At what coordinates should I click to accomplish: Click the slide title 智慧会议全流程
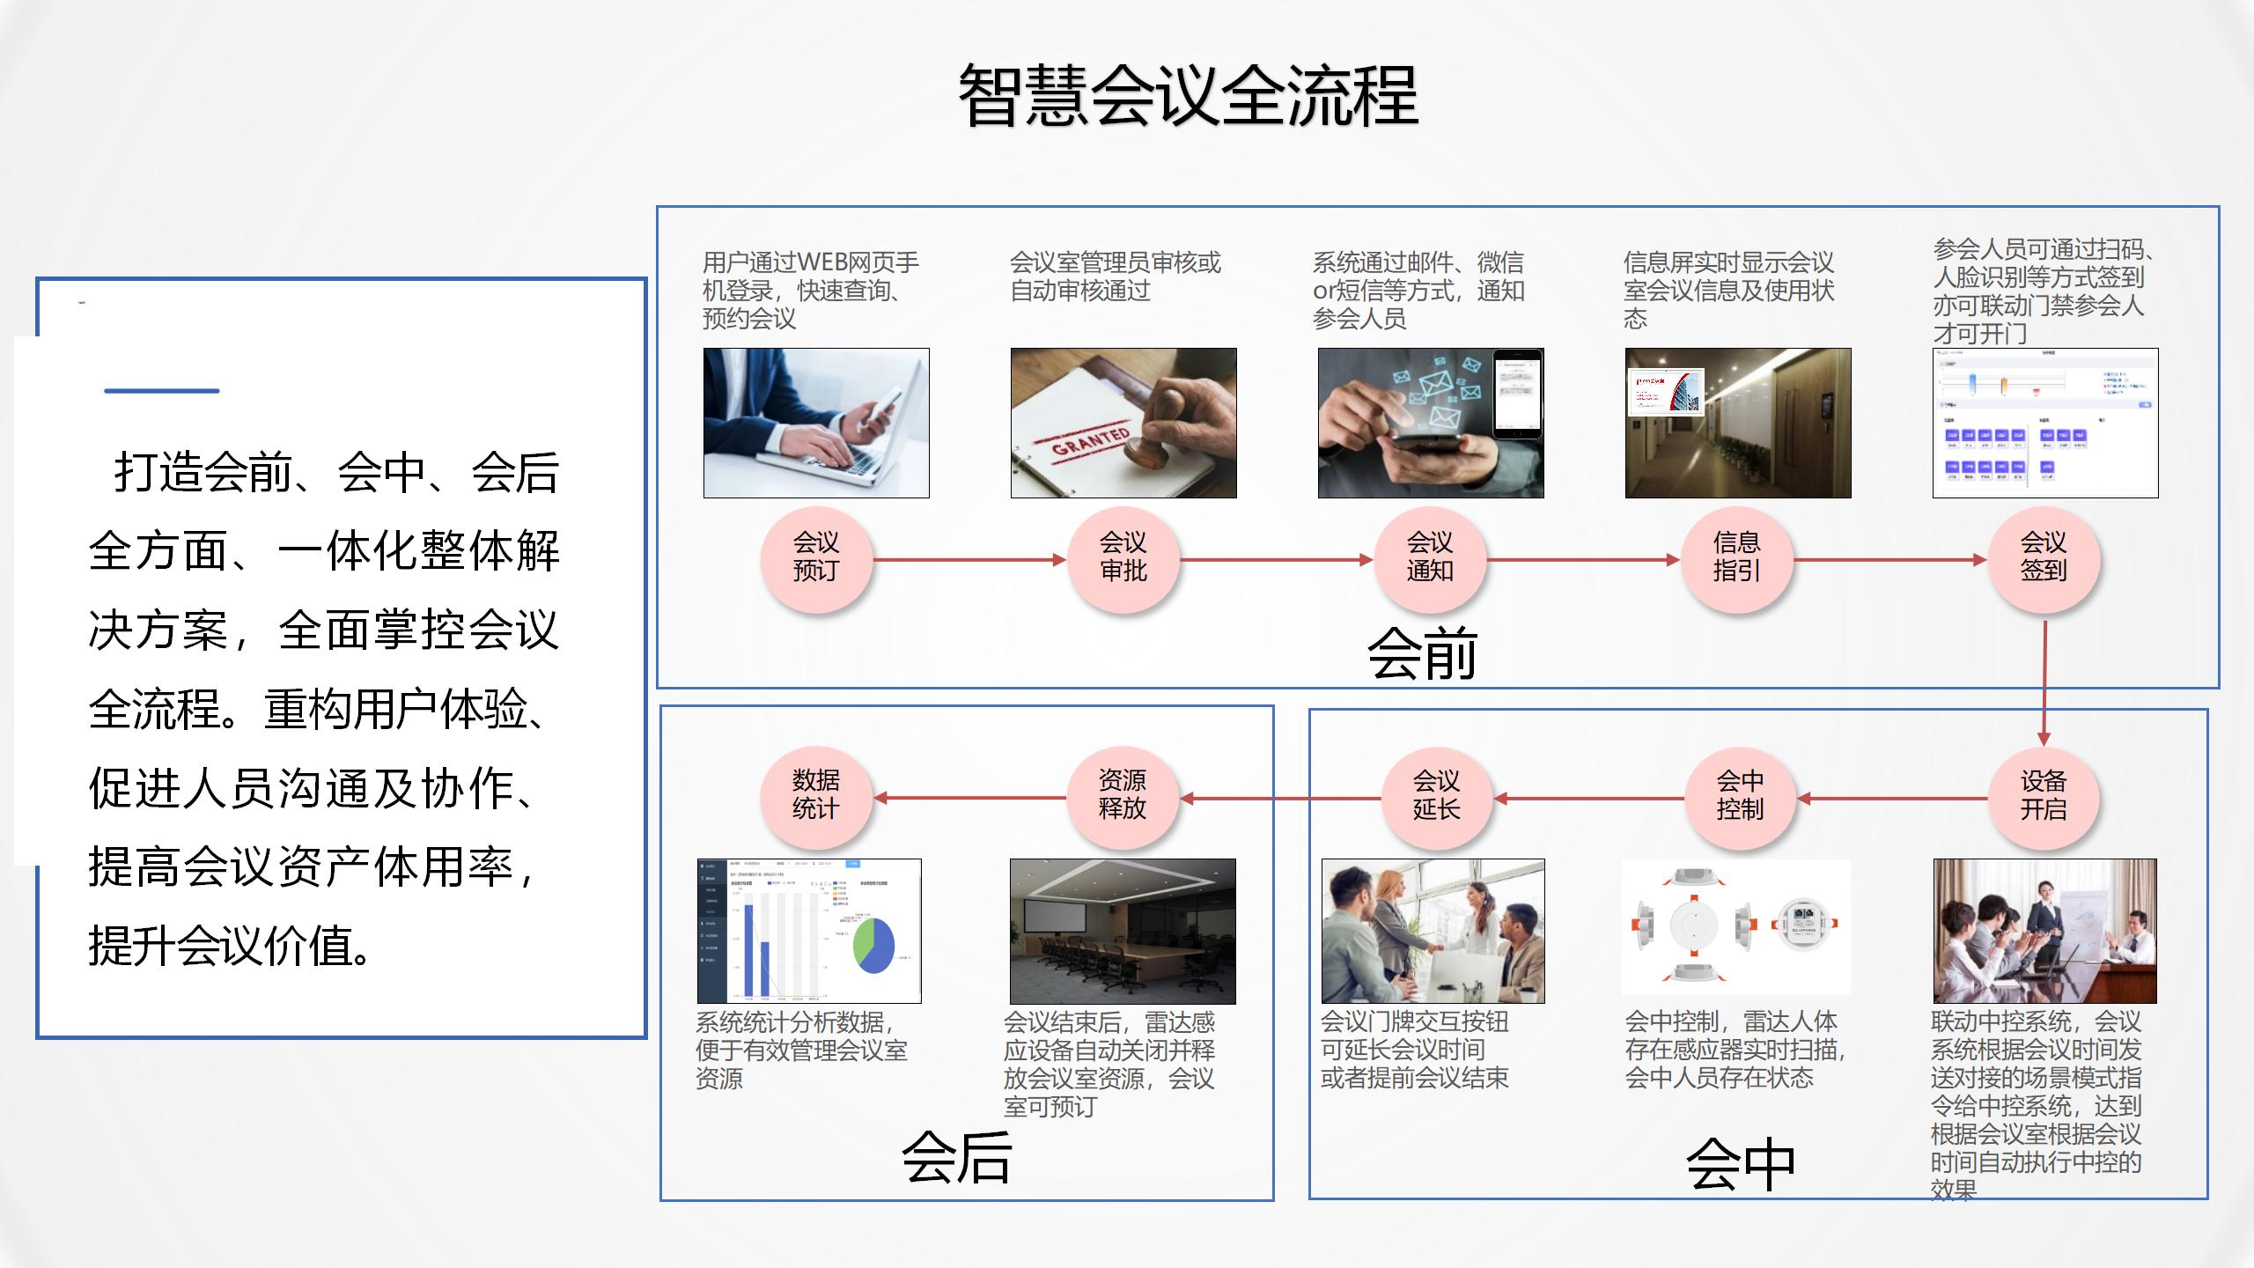pos(1188,95)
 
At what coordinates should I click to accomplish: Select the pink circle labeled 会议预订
pos(816,557)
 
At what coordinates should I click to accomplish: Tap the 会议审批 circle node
pos(1123,557)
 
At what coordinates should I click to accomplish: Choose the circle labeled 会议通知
pos(1430,557)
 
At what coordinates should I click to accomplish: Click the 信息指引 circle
pos(1737,557)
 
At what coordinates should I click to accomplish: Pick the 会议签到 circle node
pos(2044,557)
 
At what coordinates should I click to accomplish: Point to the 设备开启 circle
pos(2044,796)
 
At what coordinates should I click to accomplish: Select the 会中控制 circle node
pos(1741,796)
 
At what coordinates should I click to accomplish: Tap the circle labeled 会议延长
pos(1436,796)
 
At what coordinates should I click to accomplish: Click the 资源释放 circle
pos(1123,796)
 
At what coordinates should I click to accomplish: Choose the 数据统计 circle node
pos(816,796)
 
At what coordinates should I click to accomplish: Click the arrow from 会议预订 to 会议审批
pos(969,559)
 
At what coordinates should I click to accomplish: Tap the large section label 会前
pos(1422,654)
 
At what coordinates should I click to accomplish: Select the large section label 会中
pos(1740,1165)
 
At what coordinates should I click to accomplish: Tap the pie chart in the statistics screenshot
pos(873,946)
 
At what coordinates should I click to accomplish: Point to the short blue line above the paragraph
pos(162,390)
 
